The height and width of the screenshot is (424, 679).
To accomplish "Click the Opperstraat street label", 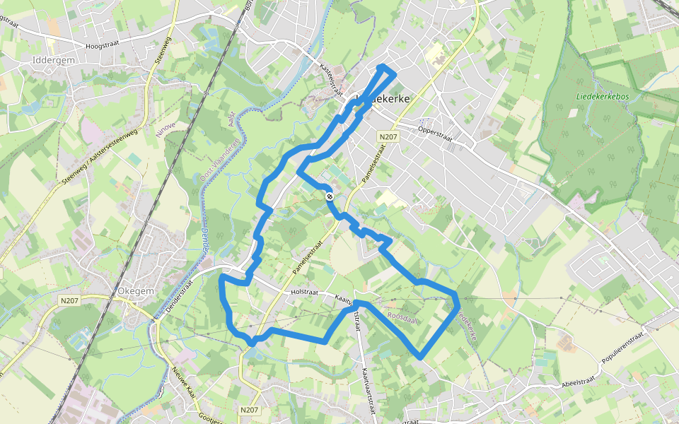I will coord(434,131).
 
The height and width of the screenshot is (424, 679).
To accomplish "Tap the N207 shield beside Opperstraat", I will coord(387,136).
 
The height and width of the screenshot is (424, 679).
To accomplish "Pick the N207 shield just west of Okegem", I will coord(70,300).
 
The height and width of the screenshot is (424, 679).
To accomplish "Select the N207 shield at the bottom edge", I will coord(249,410).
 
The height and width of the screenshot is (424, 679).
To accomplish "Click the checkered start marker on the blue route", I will coord(330,196).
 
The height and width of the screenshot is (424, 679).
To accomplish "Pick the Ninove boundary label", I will coord(165,134).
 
